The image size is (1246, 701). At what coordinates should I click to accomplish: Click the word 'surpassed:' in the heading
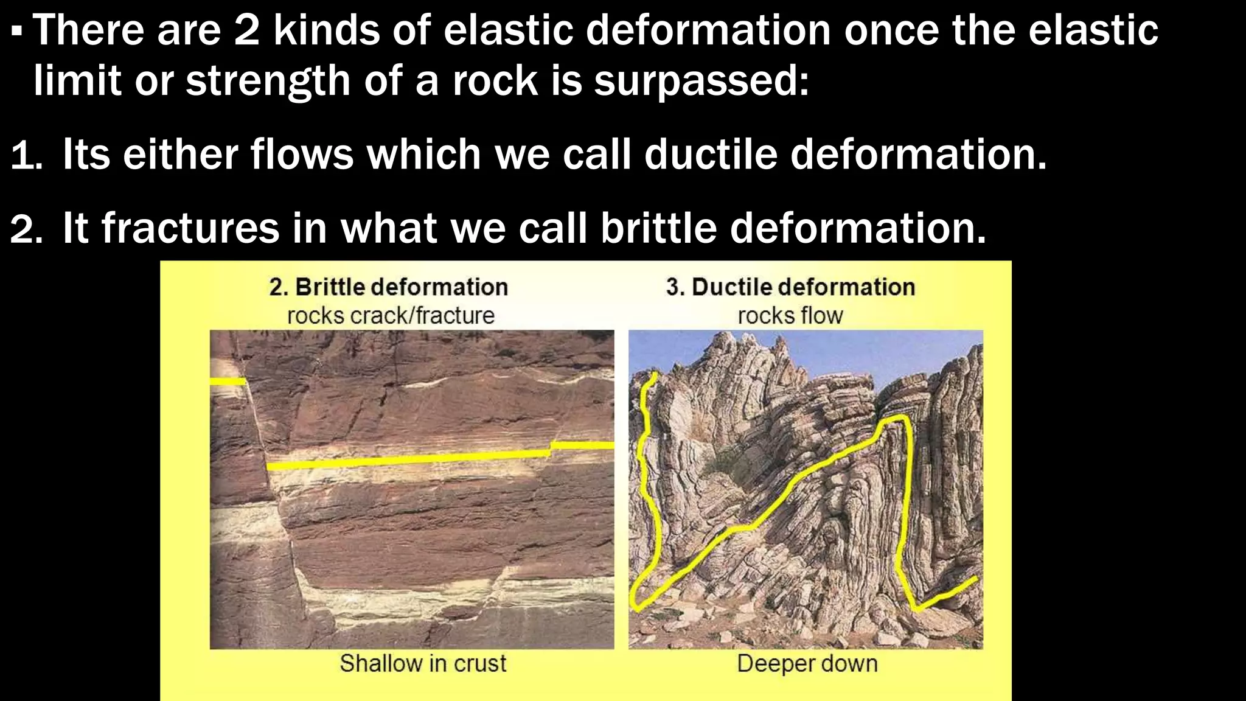coord(701,81)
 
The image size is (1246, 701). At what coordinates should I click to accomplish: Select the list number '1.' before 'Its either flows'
coord(26,156)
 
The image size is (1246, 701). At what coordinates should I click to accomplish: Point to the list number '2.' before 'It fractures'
coord(26,230)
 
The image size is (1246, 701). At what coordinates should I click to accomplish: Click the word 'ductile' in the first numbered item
coord(710,155)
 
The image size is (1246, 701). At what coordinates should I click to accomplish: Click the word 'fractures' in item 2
coord(190,229)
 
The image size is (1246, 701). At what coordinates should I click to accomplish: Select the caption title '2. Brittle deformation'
coord(388,287)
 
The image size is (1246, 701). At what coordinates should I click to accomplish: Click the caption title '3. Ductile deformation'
coord(790,287)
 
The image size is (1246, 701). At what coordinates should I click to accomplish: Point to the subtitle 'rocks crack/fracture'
coord(391,316)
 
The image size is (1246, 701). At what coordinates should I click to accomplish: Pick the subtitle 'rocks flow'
coord(790,316)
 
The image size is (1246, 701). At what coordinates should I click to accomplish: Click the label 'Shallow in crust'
coord(423,663)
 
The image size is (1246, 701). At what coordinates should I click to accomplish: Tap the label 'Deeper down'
coord(807,663)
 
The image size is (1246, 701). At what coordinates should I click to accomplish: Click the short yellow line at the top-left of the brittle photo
coord(228,382)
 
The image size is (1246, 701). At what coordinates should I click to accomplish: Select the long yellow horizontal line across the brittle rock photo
coord(408,460)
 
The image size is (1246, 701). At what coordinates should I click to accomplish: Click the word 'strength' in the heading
coord(268,81)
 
